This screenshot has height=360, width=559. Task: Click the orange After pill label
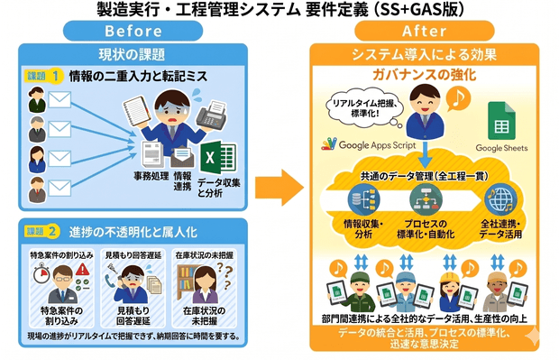[x=424, y=30]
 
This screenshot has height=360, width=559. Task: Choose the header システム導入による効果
[x=423, y=53]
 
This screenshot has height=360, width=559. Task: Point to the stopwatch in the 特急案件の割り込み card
[x=38, y=283]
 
